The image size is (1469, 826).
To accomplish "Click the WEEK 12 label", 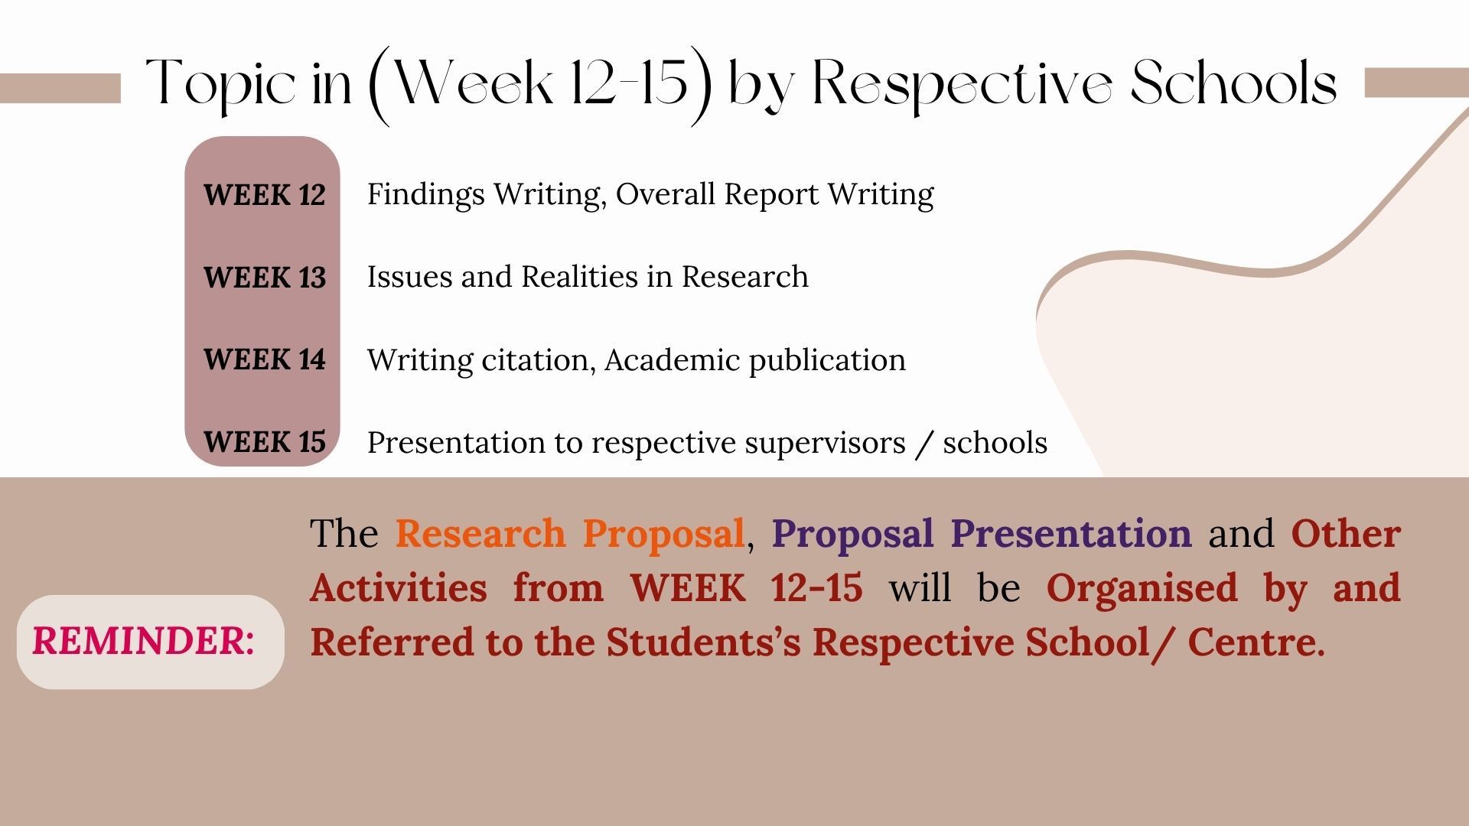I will pyautogui.click(x=264, y=195).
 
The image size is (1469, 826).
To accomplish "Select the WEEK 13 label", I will pyautogui.click(x=264, y=278).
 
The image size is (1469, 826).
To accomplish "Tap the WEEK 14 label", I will pyautogui.click(x=264, y=359).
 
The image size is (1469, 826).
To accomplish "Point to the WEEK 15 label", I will pyautogui.click(x=264, y=442).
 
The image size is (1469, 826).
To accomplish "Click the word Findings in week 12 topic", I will pyautogui.click(x=425, y=195).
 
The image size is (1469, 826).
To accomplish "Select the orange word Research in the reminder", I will pyautogui.click(x=480, y=534).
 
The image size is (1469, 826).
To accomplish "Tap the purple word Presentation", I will pyautogui.click(x=1071, y=534).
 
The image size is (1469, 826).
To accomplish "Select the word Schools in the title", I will pyautogui.click(x=1233, y=83).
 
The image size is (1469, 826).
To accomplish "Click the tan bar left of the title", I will pyautogui.click(x=60, y=88).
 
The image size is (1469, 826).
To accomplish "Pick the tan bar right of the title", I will pyautogui.click(x=1415, y=83).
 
